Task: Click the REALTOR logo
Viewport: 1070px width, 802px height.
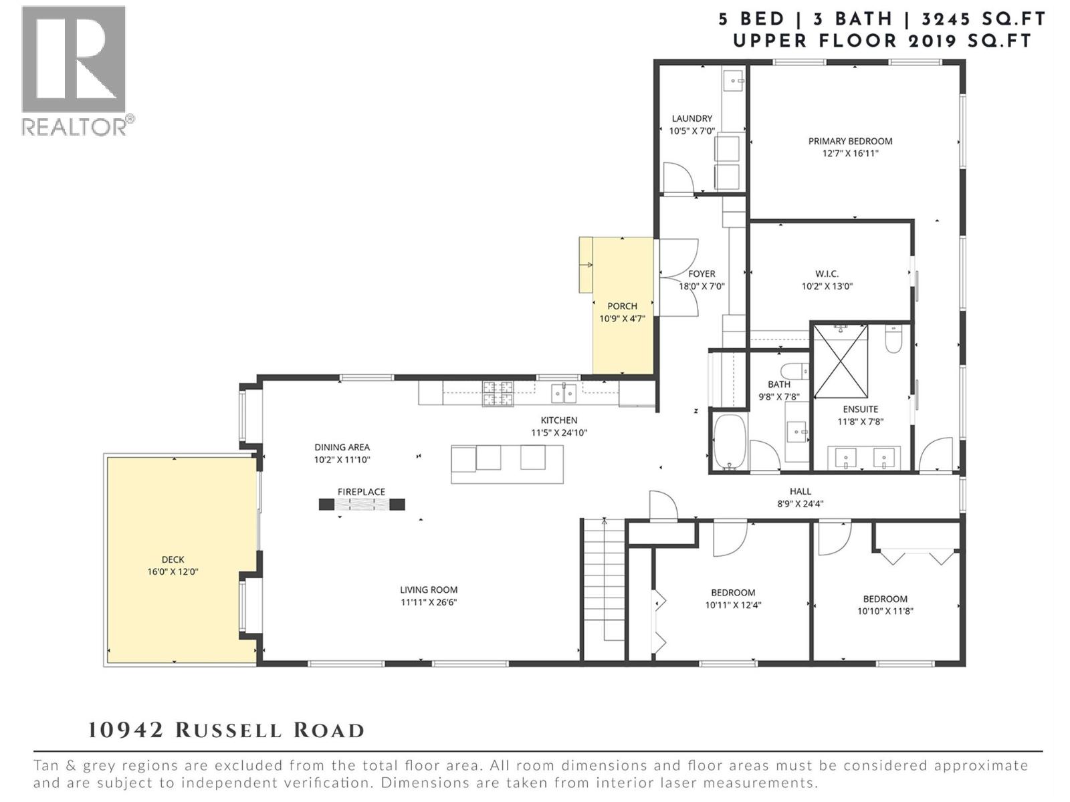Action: click(74, 70)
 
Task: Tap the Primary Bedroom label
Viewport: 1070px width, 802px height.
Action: click(850, 141)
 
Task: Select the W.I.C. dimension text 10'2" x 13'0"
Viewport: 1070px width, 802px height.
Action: click(827, 286)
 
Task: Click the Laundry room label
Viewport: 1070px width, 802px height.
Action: click(692, 118)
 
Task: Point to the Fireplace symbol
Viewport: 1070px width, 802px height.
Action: click(362, 505)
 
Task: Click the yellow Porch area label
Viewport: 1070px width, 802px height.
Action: click(622, 306)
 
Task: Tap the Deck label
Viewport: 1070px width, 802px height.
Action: click(173, 559)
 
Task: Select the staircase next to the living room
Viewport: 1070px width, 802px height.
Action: click(603, 588)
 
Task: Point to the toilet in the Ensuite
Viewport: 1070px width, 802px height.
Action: click(893, 339)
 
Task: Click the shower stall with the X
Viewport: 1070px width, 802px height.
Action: click(841, 361)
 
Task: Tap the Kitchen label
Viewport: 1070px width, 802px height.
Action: click(559, 420)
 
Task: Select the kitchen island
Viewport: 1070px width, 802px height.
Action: click(507, 463)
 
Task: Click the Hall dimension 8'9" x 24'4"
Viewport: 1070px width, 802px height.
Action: click(800, 504)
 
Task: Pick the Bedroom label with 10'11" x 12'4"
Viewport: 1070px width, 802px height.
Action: click(733, 593)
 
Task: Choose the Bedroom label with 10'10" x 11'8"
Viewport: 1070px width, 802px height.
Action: click(885, 599)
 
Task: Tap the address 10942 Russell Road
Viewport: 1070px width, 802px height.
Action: click(226, 730)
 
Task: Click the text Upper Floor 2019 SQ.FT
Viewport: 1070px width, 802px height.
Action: click(882, 41)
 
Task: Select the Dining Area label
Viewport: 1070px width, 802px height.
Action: click(342, 447)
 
